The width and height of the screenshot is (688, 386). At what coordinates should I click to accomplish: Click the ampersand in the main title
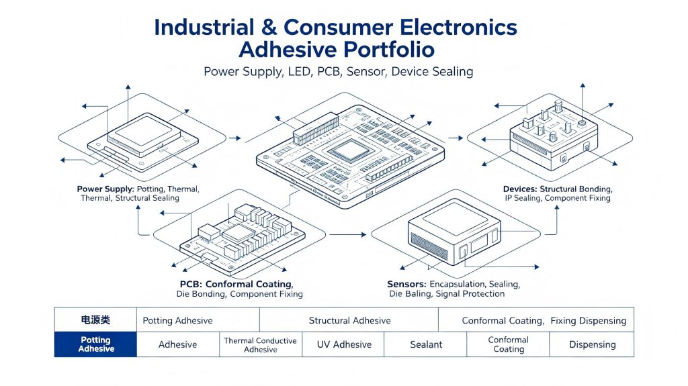[269, 28]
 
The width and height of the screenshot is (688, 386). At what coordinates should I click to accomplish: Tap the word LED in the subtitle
[300, 72]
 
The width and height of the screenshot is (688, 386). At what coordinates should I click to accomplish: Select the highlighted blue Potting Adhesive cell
[95, 344]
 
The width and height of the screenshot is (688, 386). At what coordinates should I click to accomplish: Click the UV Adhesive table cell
[344, 344]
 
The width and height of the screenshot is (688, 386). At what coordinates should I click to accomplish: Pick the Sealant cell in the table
[425, 344]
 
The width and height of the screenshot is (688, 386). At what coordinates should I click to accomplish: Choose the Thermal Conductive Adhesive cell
[260, 345]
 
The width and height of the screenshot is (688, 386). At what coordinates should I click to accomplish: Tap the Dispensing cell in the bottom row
[592, 344]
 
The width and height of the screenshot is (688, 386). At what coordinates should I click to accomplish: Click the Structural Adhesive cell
[349, 320]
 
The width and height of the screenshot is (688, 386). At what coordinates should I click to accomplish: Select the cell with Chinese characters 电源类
[95, 320]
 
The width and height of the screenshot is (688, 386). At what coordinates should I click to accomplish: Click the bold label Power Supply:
[105, 189]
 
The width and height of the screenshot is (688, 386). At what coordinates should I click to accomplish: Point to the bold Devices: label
[520, 189]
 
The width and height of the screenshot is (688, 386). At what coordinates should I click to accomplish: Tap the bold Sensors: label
[406, 284]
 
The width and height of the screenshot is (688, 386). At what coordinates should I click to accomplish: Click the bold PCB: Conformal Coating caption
[236, 284]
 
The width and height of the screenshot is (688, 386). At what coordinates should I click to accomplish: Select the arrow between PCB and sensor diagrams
[347, 235]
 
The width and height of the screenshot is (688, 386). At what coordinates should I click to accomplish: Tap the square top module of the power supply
[144, 134]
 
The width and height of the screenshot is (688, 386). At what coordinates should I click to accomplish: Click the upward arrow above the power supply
[128, 104]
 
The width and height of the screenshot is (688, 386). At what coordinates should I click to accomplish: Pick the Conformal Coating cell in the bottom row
[508, 344]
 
